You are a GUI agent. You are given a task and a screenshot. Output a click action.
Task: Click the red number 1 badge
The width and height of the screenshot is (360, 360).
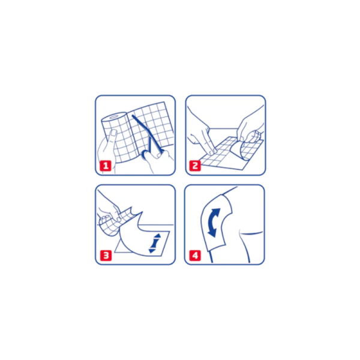tap(106, 166)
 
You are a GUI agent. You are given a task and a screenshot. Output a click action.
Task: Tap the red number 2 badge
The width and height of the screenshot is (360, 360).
tap(195, 166)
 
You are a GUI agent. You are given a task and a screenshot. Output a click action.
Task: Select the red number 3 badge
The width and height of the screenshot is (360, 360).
tap(106, 256)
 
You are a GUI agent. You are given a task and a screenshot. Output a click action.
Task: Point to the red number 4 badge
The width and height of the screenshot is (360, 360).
tap(195, 256)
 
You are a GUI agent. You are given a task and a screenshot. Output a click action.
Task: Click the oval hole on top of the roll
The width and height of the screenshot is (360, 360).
tap(113, 117)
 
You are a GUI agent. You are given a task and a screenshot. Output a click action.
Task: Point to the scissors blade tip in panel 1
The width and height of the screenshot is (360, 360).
tap(133, 116)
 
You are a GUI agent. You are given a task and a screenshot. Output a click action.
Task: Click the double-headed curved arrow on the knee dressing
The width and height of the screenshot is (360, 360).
tap(214, 223)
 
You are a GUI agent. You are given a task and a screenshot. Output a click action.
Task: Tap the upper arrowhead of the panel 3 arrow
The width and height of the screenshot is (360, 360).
tap(157, 236)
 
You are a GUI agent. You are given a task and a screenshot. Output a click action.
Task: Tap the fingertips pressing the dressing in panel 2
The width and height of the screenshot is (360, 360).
tap(212, 151)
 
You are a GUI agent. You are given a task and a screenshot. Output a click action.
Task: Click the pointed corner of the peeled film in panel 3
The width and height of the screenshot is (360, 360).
tap(142, 212)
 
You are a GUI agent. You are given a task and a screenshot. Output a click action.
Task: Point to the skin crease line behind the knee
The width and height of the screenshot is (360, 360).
tap(251, 233)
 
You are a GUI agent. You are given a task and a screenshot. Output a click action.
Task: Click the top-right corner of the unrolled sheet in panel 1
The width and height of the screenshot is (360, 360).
tap(164, 102)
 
